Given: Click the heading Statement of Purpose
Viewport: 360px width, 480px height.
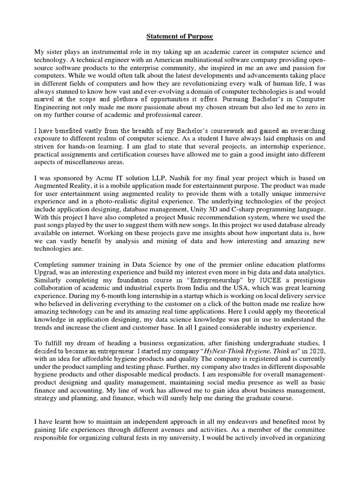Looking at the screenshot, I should (x=180, y=36).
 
